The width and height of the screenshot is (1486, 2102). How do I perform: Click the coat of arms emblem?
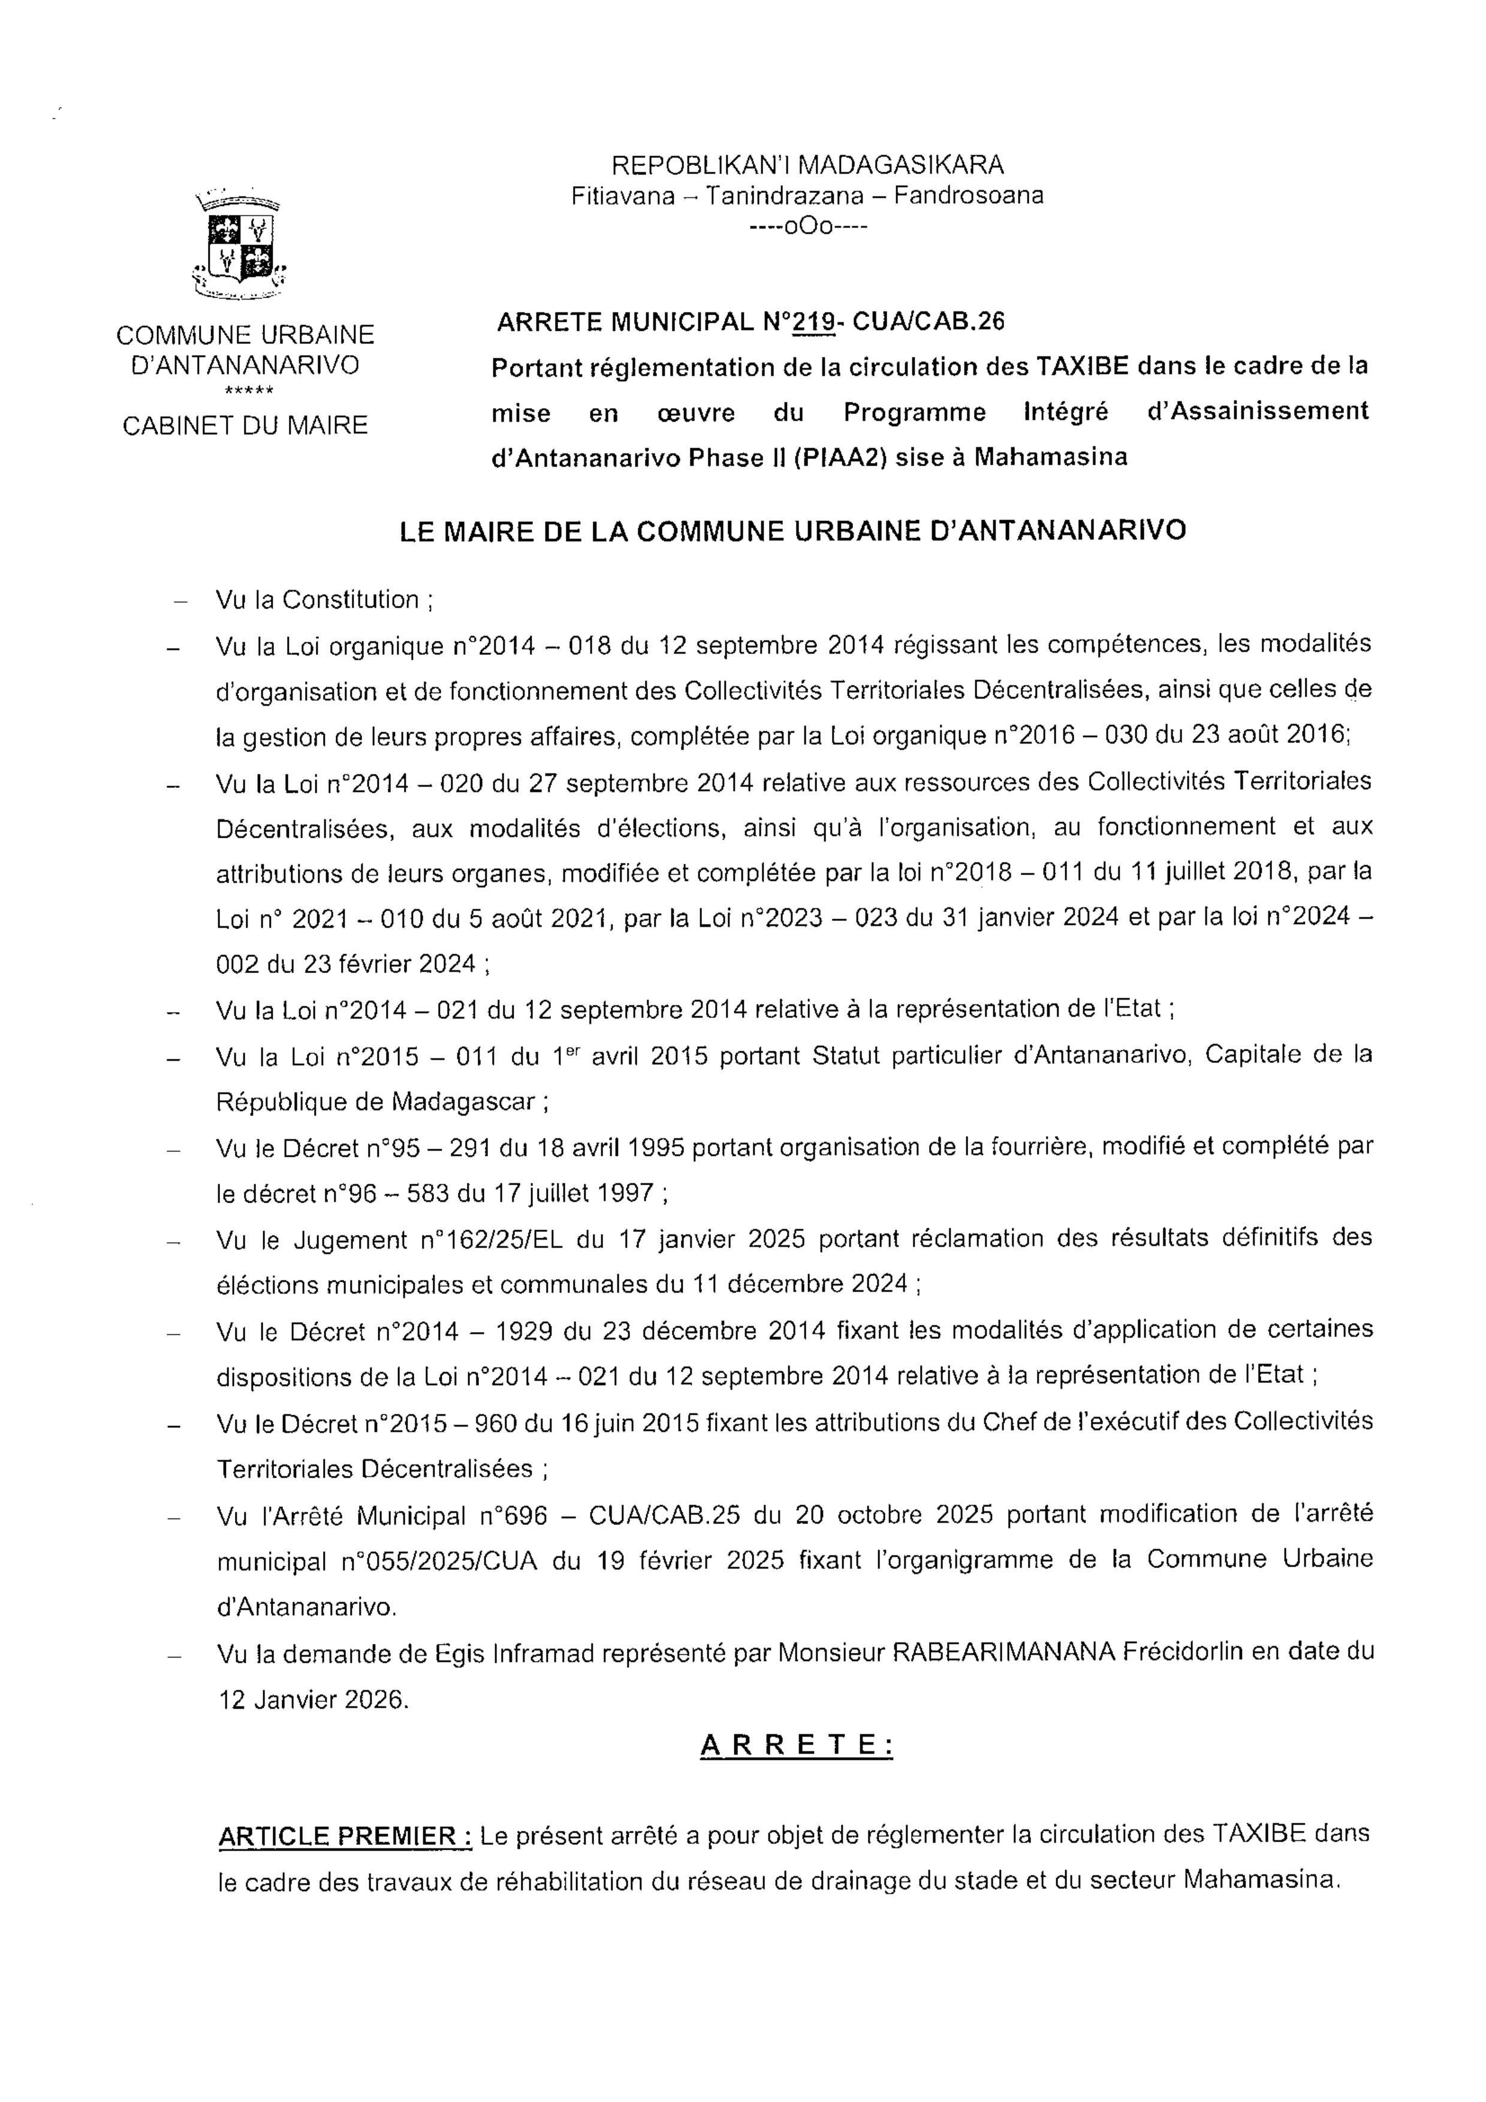pyautogui.click(x=238, y=245)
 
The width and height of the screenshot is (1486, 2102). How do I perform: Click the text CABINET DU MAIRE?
pyautogui.click(x=245, y=425)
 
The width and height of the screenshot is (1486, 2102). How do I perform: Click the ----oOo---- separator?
pyautogui.click(x=807, y=226)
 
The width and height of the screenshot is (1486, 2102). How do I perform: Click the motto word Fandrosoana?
pyautogui.click(x=969, y=195)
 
